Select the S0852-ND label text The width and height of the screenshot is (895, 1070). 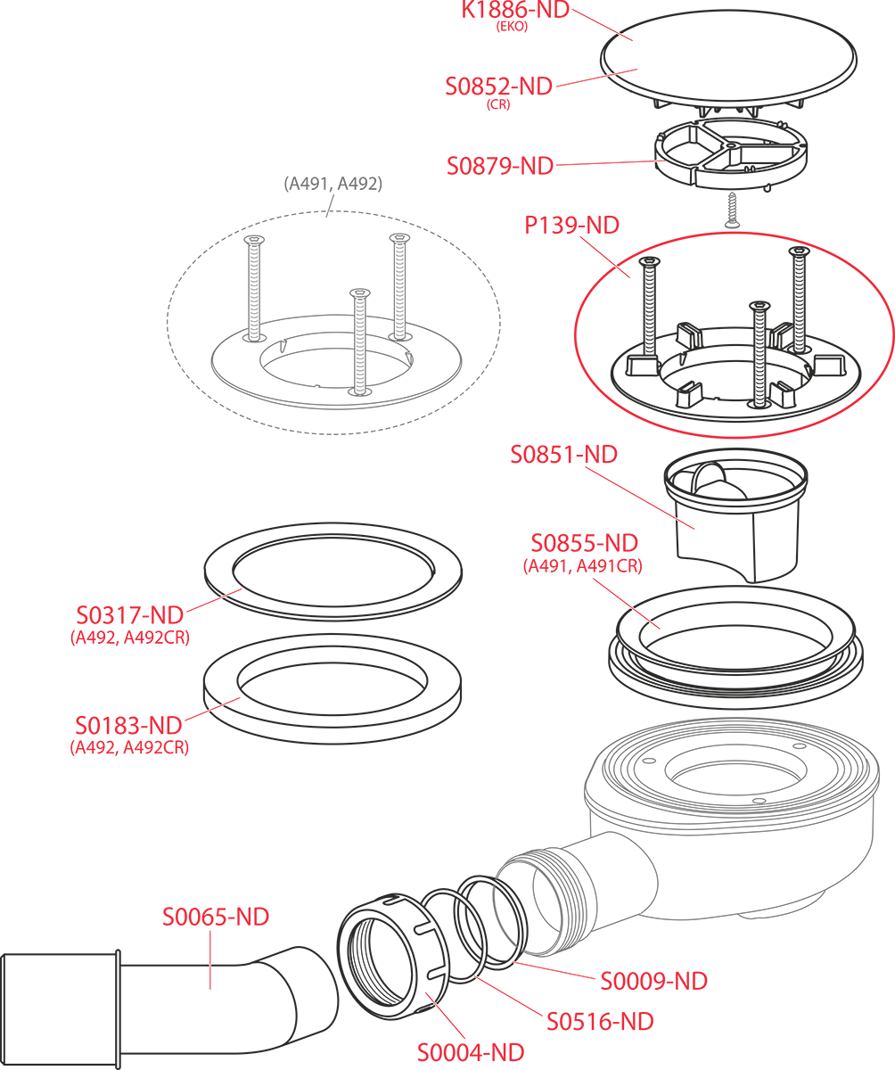coord(498,86)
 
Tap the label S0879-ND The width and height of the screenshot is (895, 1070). coord(499,166)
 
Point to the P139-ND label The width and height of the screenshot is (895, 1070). coord(571,226)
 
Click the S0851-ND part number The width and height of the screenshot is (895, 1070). coord(563,454)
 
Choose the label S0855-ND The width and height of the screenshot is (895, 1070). coord(584,543)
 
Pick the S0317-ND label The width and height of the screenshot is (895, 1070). coord(129,615)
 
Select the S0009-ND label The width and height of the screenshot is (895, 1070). coord(653,981)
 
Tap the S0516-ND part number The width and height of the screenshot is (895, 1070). coord(600,1021)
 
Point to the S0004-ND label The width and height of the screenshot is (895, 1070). coord(471,1052)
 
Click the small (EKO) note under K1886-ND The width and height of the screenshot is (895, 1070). coord(512,27)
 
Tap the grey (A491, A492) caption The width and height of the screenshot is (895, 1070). coord(333,185)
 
